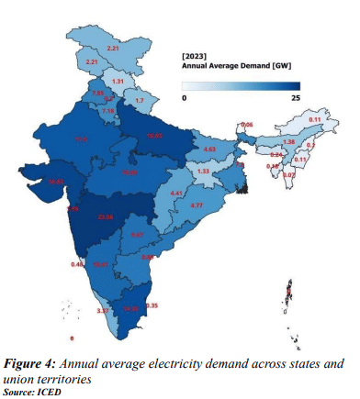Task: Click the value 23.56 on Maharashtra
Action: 107,217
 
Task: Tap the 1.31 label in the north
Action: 118,82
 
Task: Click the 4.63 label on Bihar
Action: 209,149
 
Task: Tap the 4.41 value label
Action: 178,194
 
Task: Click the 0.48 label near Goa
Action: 77,264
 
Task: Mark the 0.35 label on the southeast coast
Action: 152,305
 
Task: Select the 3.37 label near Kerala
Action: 104,312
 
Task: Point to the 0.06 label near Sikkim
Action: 246,124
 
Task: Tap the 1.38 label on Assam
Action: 287,142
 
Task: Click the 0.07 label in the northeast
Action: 289,175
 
